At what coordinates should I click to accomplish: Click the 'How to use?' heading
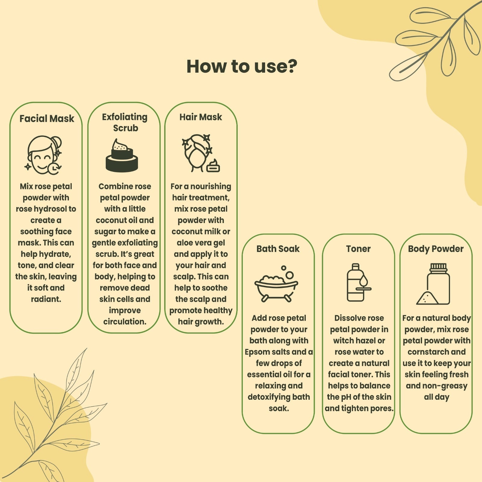pyautogui.click(x=242, y=66)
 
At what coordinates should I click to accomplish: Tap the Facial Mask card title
pyautogui.click(x=47, y=118)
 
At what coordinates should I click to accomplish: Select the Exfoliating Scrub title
pyautogui.click(x=125, y=122)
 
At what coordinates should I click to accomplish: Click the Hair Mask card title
pyautogui.click(x=201, y=117)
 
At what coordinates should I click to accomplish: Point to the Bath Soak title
pyautogui.click(x=278, y=249)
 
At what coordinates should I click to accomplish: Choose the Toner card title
pyautogui.click(x=358, y=249)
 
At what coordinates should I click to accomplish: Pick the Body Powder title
pyautogui.click(x=436, y=249)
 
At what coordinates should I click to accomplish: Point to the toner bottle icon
pyautogui.click(x=358, y=282)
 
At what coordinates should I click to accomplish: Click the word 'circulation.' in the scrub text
pyautogui.click(x=125, y=322)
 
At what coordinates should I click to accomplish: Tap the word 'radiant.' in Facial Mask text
pyautogui.click(x=46, y=299)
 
